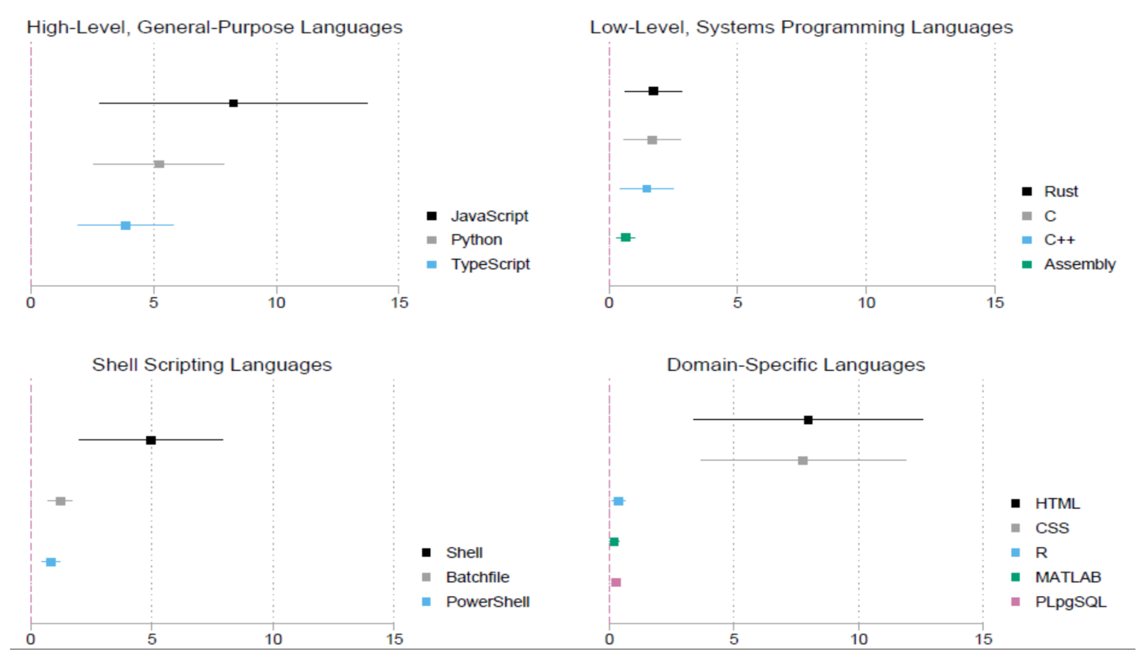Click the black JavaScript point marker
tap(233, 104)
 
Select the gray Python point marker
tap(159, 165)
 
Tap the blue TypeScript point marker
tap(126, 226)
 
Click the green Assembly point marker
tap(626, 238)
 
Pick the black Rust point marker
tap(653, 91)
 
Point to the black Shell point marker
tap(151, 440)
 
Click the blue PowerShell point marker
tap(51, 562)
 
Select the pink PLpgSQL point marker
tap(616, 583)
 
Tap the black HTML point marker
tap(808, 420)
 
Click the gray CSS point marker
tap(803, 461)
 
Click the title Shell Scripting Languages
tap(212, 365)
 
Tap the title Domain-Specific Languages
tap(795, 365)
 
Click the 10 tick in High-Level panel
tap(276, 303)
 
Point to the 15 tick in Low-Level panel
tap(995, 303)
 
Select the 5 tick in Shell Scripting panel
tap(152, 639)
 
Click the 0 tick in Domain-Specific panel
tap(609, 639)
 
